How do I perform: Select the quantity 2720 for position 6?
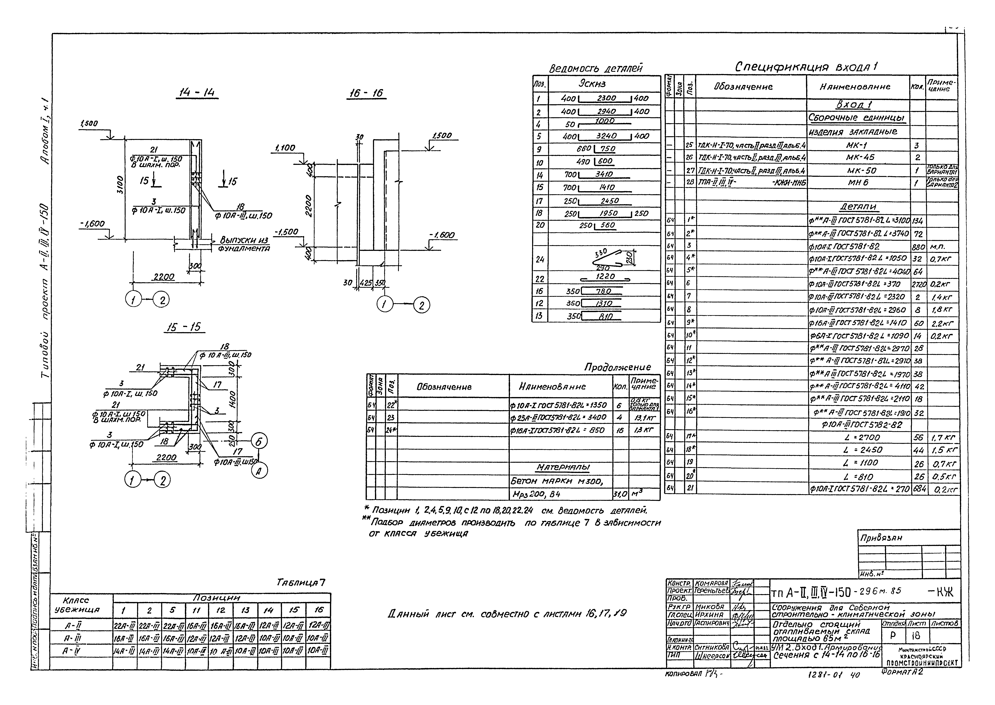918,285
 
